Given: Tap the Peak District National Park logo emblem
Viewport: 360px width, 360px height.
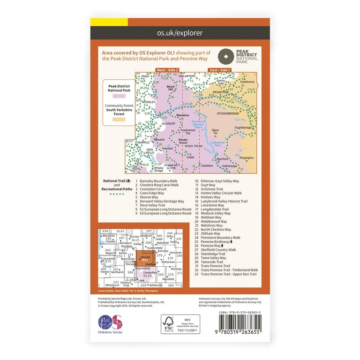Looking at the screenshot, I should [227, 57].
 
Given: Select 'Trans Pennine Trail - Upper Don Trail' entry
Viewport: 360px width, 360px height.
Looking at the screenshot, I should [229, 274].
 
